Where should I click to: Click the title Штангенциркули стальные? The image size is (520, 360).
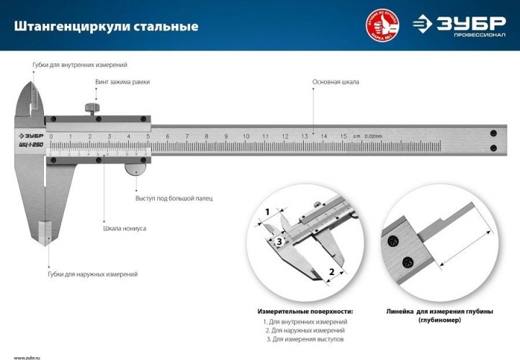click(x=106, y=27)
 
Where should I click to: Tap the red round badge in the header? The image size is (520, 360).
click(x=382, y=25)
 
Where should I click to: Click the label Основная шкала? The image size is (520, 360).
click(x=335, y=82)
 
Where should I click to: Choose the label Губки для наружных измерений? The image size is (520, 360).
click(x=92, y=274)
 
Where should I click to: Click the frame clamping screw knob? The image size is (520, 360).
click(x=91, y=109)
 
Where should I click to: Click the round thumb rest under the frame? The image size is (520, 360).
click(x=135, y=168)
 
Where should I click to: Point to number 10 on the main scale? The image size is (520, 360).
click(x=246, y=136)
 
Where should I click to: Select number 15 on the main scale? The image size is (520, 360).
click(x=343, y=136)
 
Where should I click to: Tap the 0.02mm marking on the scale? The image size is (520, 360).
click(x=373, y=136)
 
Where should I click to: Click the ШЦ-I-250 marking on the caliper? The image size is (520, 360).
click(x=30, y=145)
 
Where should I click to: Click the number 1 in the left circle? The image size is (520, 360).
click(x=266, y=212)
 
